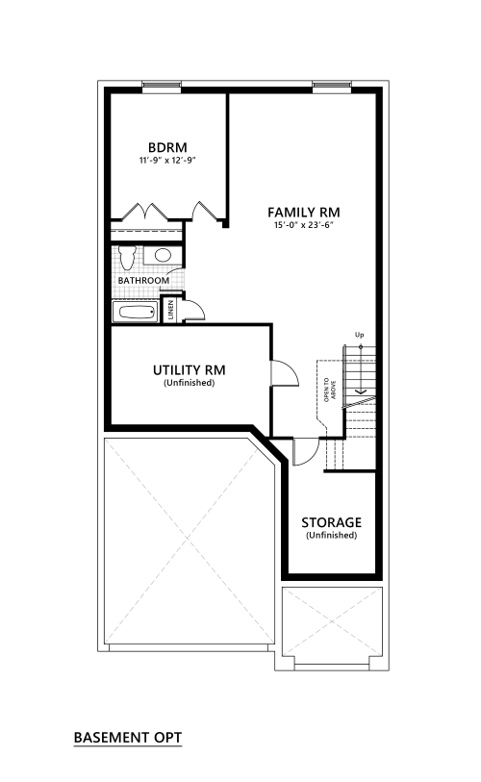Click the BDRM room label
[167, 147]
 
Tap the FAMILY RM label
[304, 213]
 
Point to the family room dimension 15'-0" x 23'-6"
[303, 225]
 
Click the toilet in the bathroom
[127, 257]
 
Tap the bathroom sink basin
[164, 255]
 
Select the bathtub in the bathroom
[135, 313]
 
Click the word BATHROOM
[143, 281]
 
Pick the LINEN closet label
[171, 310]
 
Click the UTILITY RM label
[190, 370]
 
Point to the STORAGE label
[331, 522]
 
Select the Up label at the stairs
[359, 335]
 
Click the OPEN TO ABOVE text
[330, 390]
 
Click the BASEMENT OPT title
[128, 738]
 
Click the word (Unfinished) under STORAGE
[331, 536]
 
